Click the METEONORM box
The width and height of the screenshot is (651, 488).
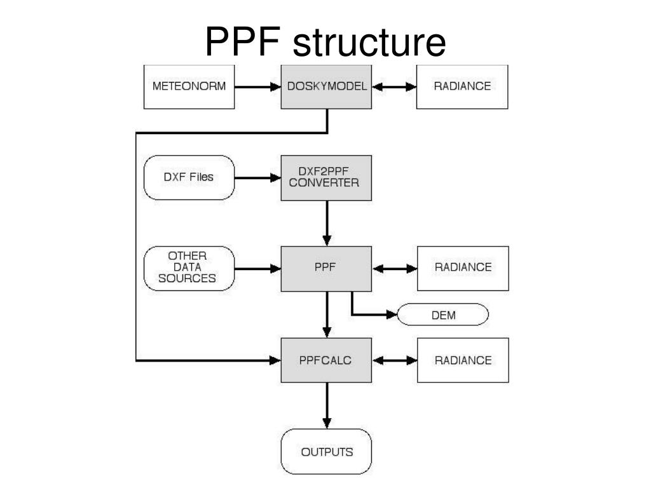coord(189,86)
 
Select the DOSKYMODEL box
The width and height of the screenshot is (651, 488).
coord(326,86)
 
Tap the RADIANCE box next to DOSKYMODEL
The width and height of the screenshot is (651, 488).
coord(462,86)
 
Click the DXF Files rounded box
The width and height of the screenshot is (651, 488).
coord(189,177)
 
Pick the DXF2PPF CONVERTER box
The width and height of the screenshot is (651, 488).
coord(326,177)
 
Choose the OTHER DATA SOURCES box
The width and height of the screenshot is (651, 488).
coord(189,268)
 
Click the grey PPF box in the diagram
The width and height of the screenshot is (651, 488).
coord(326,268)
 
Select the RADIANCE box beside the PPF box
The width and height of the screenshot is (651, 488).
coord(462,268)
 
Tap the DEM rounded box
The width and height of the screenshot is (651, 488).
coord(443,315)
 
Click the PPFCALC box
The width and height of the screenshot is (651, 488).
coord(326,360)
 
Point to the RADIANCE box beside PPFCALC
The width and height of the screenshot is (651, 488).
coord(462,360)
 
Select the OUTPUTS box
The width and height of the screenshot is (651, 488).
coord(326,452)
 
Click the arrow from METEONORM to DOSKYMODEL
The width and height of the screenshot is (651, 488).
coord(257,86)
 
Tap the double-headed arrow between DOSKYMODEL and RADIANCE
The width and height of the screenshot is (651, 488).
coord(394,86)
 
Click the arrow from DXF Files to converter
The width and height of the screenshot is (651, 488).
coord(257,178)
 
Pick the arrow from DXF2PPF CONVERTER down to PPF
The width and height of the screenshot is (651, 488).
coord(327,222)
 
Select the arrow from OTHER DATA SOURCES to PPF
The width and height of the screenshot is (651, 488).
coord(257,268)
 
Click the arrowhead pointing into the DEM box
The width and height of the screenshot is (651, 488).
coord(392,315)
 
